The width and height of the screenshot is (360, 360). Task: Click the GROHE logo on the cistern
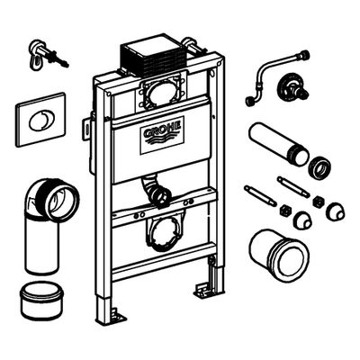click(x=162, y=135)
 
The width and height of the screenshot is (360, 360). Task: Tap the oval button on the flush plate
click(x=40, y=120)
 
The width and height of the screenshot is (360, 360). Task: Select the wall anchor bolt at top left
click(x=48, y=55)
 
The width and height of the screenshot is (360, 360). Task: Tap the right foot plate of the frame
click(x=202, y=290)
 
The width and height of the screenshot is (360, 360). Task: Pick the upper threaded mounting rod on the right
click(x=292, y=187)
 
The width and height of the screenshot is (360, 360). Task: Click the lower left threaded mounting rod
click(x=260, y=196)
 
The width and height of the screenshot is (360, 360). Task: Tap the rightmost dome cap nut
click(x=335, y=211)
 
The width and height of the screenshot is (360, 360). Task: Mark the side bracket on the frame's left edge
click(x=86, y=128)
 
